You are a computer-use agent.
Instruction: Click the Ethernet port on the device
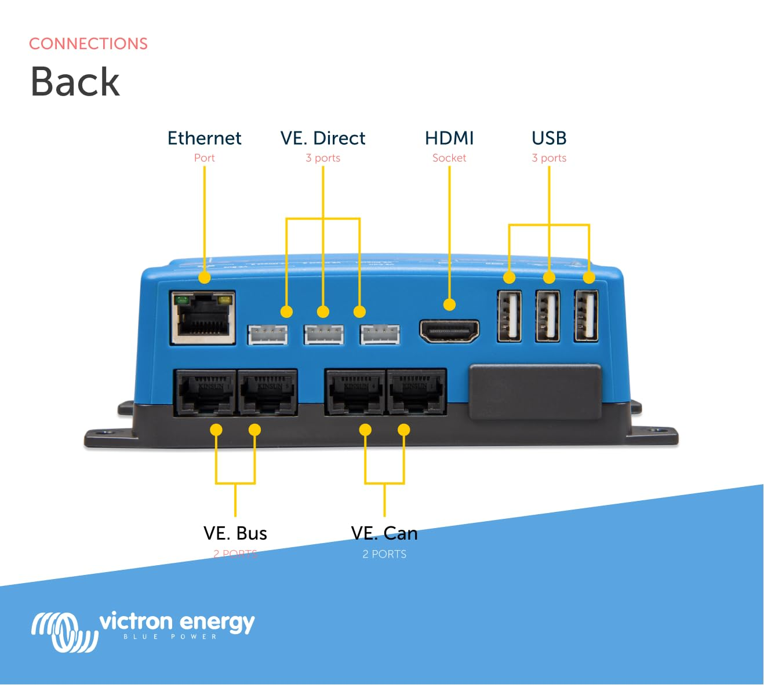point(202,318)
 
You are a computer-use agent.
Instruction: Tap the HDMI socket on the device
point(449,331)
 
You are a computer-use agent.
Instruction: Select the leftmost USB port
point(509,316)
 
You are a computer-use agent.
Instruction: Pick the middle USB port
point(548,316)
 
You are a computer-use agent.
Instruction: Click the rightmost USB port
point(586,316)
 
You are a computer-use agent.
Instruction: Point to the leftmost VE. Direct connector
point(267,335)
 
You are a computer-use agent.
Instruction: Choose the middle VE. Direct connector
point(323,335)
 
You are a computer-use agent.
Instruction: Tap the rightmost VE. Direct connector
point(380,335)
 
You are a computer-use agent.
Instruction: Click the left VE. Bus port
point(205,393)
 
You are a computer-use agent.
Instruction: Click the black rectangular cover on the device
point(535,391)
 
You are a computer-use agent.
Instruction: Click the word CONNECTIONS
point(88,44)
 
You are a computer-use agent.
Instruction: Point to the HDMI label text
point(449,138)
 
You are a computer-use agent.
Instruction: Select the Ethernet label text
point(204,138)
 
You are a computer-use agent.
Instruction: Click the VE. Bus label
point(235,533)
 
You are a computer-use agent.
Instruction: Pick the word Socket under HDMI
point(449,158)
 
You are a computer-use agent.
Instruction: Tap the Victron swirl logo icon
point(64,631)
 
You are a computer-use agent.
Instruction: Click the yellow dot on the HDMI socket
point(449,305)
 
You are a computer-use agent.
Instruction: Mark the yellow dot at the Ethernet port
point(204,277)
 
